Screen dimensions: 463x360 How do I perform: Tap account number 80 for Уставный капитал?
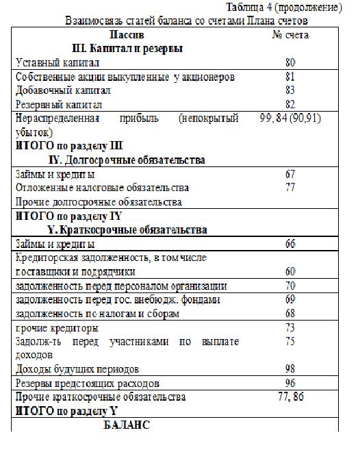point(290,62)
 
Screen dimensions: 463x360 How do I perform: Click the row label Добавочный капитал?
point(63,90)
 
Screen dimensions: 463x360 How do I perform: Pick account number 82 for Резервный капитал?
point(290,104)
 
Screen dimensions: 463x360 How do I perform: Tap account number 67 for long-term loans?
point(290,174)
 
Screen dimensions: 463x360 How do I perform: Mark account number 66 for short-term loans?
point(290,244)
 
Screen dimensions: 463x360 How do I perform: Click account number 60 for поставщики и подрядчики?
point(290,272)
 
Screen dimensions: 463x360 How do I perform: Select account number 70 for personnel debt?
point(290,286)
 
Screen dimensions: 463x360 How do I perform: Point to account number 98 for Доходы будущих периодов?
point(290,368)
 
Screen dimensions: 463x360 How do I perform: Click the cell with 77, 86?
point(290,397)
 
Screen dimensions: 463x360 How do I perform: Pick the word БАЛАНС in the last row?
point(126,425)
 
